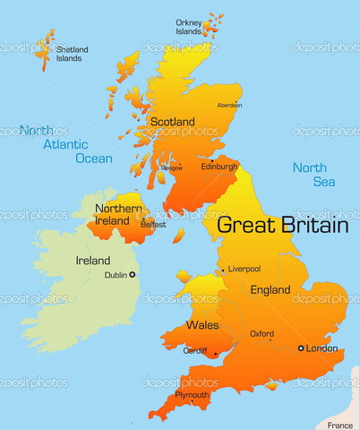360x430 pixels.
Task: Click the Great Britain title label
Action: pyautogui.click(x=282, y=225)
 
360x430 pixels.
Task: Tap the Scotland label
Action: pyautogui.click(x=173, y=122)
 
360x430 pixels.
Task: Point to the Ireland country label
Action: pyautogui.click(x=93, y=260)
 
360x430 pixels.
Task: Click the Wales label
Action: pyautogui.click(x=201, y=324)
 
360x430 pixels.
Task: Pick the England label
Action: pyautogui.click(x=270, y=289)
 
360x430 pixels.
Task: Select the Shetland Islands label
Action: pyautogui.click(x=69, y=54)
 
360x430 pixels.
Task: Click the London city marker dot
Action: pyautogui.click(x=301, y=348)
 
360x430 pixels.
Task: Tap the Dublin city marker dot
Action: pyautogui.click(x=133, y=274)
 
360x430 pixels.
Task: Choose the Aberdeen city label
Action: pyautogui.click(x=229, y=105)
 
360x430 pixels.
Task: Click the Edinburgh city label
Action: pyautogui.click(x=219, y=167)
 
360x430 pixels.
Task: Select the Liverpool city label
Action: pyautogui.click(x=244, y=269)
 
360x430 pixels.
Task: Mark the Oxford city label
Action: pyautogui.click(x=261, y=333)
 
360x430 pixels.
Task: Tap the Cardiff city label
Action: pyautogui.click(x=195, y=350)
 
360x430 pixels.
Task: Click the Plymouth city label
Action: pyautogui.click(x=193, y=394)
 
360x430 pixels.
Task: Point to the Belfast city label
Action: pyautogui.click(x=153, y=225)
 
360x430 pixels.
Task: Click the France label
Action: pyautogui.click(x=340, y=425)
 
